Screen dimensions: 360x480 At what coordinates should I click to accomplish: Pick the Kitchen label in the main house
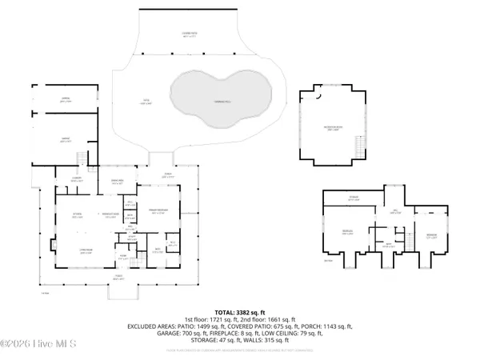coord(78,216)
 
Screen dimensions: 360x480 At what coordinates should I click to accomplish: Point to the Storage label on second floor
coord(352,198)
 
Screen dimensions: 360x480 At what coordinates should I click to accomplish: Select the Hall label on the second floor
coord(394,212)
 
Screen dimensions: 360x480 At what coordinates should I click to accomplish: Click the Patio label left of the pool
coord(146,100)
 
